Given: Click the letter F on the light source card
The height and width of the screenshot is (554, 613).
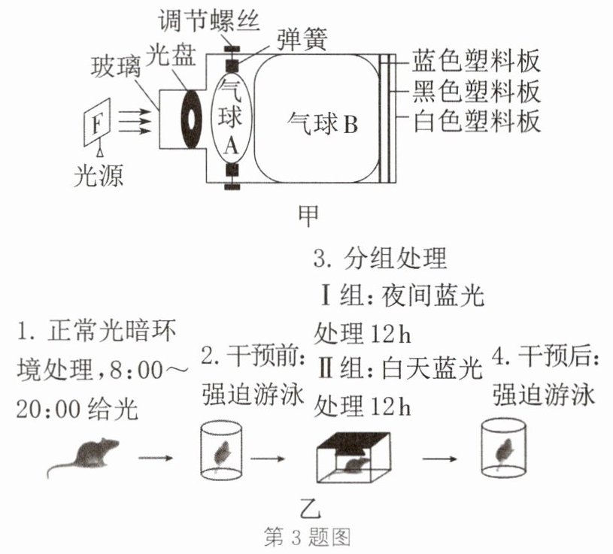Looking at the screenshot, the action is (98, 124).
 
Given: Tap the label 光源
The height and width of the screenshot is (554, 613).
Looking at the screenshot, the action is (99, 175).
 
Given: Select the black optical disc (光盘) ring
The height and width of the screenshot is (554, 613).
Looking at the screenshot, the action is (191, 120).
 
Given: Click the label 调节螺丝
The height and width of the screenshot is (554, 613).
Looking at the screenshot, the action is (209, 20).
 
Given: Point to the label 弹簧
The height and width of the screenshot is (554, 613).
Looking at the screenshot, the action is (302, 39).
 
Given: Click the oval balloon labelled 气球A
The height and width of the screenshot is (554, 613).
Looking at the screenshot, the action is (231, 118).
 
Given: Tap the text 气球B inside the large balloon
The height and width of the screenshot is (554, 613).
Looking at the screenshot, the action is (323, 123).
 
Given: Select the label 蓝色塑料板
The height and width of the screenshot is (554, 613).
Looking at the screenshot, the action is (476, 61).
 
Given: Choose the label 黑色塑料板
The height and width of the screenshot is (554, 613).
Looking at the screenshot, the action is (476, 91).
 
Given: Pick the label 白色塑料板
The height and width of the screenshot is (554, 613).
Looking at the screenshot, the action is (476, 121).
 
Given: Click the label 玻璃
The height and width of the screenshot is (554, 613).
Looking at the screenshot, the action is (116, 67).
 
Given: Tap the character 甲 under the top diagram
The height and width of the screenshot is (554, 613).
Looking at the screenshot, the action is (308, 215).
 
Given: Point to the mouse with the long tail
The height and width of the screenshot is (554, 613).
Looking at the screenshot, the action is (84, 456).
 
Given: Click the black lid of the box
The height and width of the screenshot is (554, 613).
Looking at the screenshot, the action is (354, 440).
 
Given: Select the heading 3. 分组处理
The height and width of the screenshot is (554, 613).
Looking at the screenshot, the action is (380, 259).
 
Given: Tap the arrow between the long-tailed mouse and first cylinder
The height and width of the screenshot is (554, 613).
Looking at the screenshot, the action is (155, 458).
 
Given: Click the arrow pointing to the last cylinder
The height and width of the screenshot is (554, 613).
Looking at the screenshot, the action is (439, 459).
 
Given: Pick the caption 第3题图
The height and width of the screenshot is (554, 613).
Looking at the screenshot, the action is (308, 537).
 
